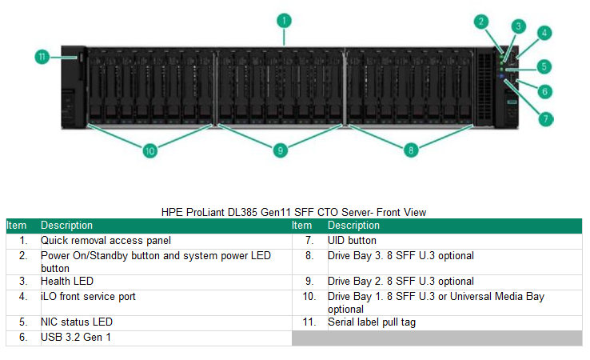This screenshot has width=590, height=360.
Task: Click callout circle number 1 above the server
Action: click(285, 19)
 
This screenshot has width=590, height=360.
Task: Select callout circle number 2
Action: click(480, 22)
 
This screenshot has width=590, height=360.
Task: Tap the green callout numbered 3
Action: click(518, 26)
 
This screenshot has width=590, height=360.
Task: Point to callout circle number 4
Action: click(544, 33)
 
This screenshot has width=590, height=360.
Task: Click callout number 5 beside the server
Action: click(544, 66)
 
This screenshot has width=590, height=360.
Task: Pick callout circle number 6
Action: click(544, 91)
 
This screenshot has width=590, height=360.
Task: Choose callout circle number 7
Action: click(544, 119)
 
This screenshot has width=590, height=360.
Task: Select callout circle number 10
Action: click(149, 149)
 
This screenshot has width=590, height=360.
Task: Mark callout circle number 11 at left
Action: click(43, 57)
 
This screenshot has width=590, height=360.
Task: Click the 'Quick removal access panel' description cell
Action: click(106, 240)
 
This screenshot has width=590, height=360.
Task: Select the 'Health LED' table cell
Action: click(67, 281)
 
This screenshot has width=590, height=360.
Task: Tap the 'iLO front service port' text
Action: click(88, 296)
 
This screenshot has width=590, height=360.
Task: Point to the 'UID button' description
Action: click(352, 240)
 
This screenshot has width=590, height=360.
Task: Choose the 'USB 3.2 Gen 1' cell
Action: click(76, 337)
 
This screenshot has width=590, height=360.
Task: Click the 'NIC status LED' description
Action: click(77, 322)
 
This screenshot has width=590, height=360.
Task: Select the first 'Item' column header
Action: click(17, 226)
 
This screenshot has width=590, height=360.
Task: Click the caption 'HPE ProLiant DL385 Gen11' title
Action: click(293, 212)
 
